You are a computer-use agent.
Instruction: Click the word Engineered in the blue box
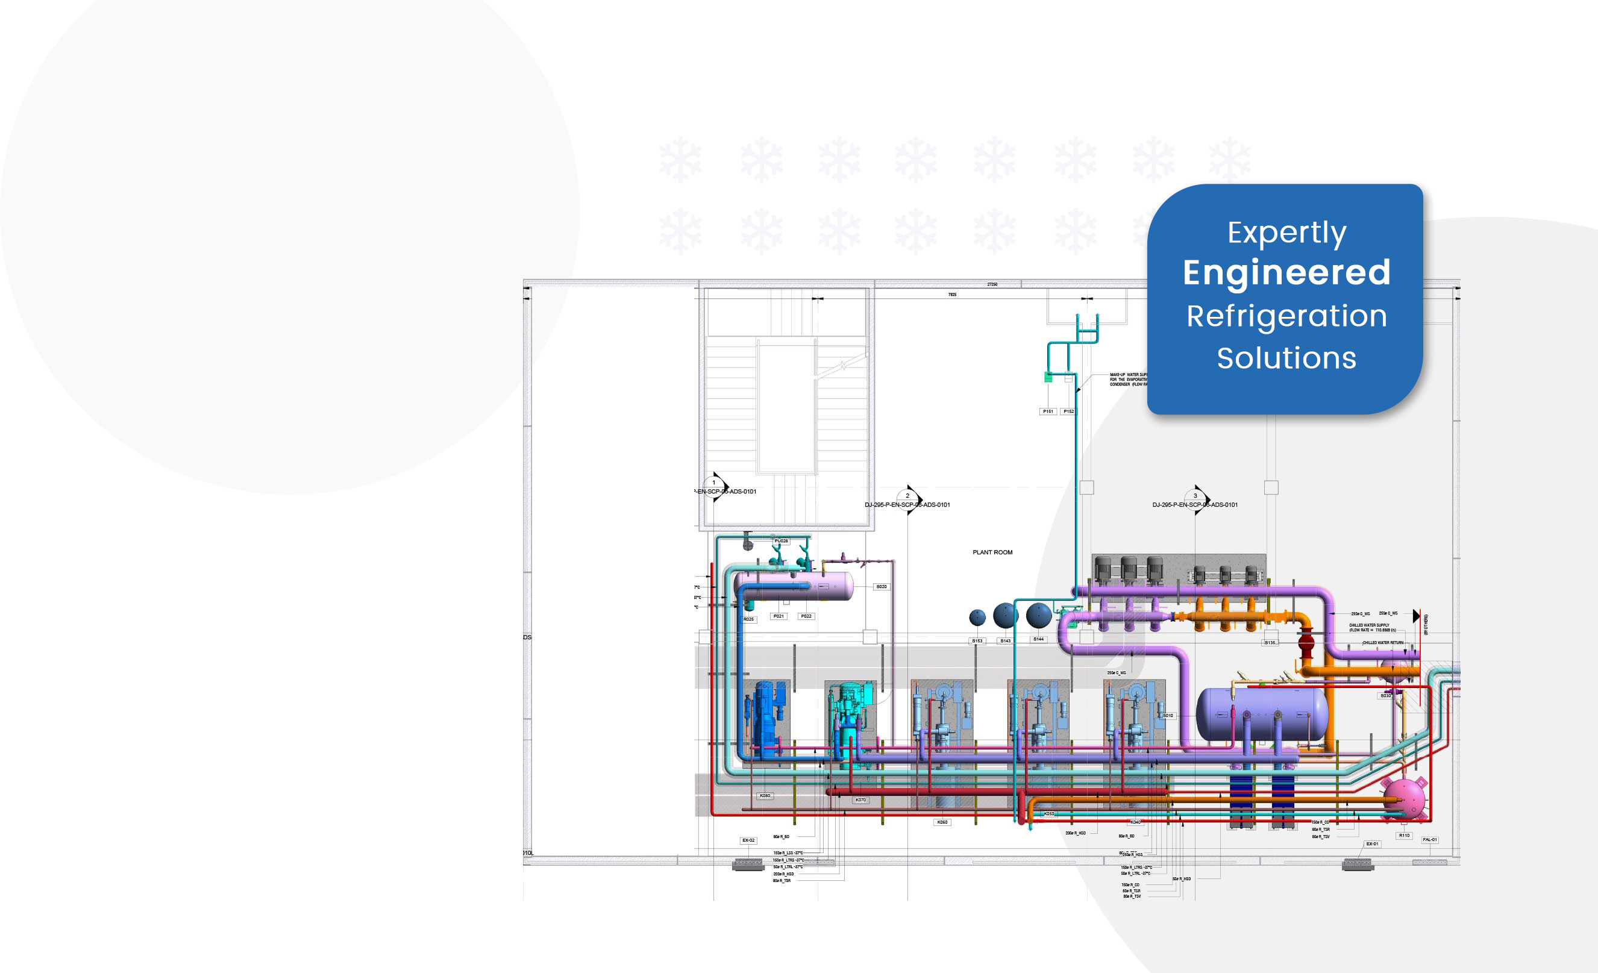point(1286,272)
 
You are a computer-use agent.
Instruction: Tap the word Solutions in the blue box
point(1286,358)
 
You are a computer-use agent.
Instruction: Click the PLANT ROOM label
point(992,552)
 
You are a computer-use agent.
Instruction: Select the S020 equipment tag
point(882,587)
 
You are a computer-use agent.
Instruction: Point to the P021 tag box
point(779,616)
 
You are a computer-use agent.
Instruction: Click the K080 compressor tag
point(765,795)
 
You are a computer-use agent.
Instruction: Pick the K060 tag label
point(942,822)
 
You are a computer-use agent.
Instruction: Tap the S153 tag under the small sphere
point(977,641)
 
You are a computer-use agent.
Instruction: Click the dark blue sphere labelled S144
point(1039,615)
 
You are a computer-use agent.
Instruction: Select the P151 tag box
point(1048,411)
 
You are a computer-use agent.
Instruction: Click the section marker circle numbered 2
point(907,496)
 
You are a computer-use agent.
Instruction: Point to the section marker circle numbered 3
point(1195,496)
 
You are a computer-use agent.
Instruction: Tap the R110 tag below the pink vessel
point(1405,836)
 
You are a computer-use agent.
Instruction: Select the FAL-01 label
point(1430,839)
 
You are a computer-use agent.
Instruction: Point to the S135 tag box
point(1270,642)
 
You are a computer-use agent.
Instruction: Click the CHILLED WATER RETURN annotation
point(1383,643)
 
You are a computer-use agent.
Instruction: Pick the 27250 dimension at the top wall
point(992,284)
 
